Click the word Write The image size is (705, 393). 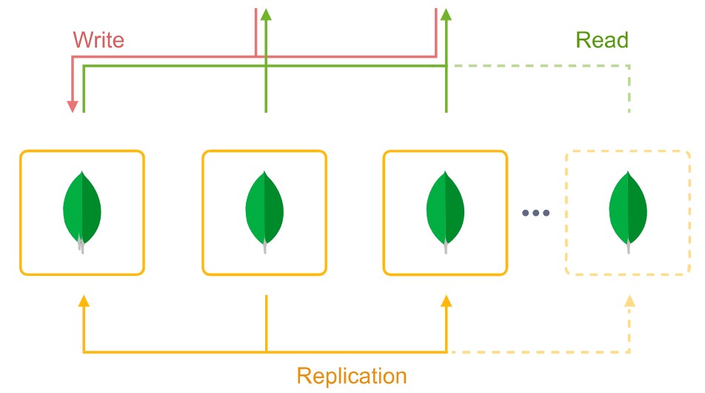98,39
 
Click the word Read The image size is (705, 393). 602,40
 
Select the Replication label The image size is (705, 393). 352,375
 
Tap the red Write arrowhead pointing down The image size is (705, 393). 73,106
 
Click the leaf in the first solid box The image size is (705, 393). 81,212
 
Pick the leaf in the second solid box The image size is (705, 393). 264,212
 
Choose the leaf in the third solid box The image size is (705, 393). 445,212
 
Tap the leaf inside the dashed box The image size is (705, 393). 628,212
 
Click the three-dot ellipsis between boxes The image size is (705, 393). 535,213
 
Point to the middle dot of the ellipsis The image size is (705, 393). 535,213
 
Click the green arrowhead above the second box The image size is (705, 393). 266,14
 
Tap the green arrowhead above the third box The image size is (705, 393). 446,14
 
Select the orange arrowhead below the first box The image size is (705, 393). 84,301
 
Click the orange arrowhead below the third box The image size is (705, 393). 446,301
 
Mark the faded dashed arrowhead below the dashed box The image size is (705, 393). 629,301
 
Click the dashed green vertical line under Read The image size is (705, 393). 629,89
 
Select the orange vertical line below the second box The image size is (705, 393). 266,323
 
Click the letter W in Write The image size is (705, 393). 82,39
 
